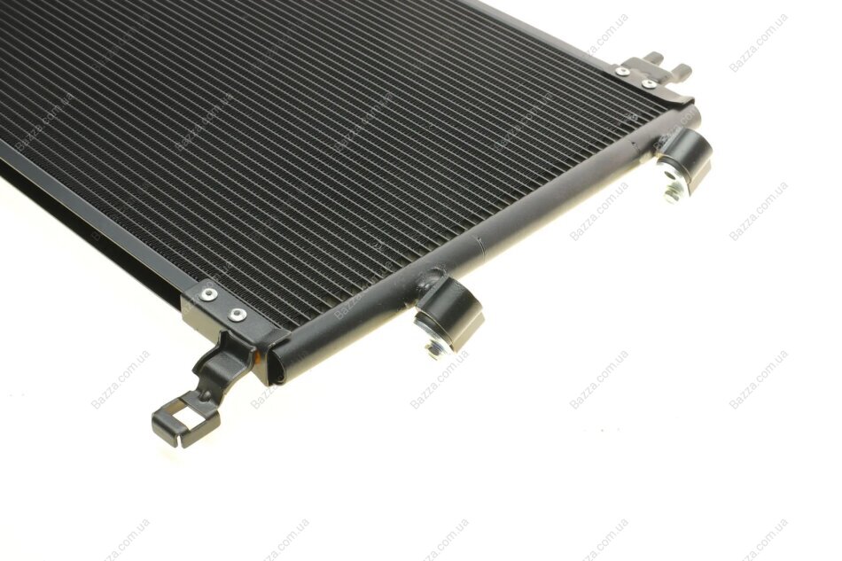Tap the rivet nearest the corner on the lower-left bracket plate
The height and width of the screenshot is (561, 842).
[237, 315]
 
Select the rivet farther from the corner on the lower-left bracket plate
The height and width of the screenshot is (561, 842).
[207, 293]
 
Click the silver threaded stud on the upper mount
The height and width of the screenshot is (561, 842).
[674, 188]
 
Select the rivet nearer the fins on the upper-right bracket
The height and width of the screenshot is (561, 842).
[623, 70]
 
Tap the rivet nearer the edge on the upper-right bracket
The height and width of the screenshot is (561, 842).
[649, 83]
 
